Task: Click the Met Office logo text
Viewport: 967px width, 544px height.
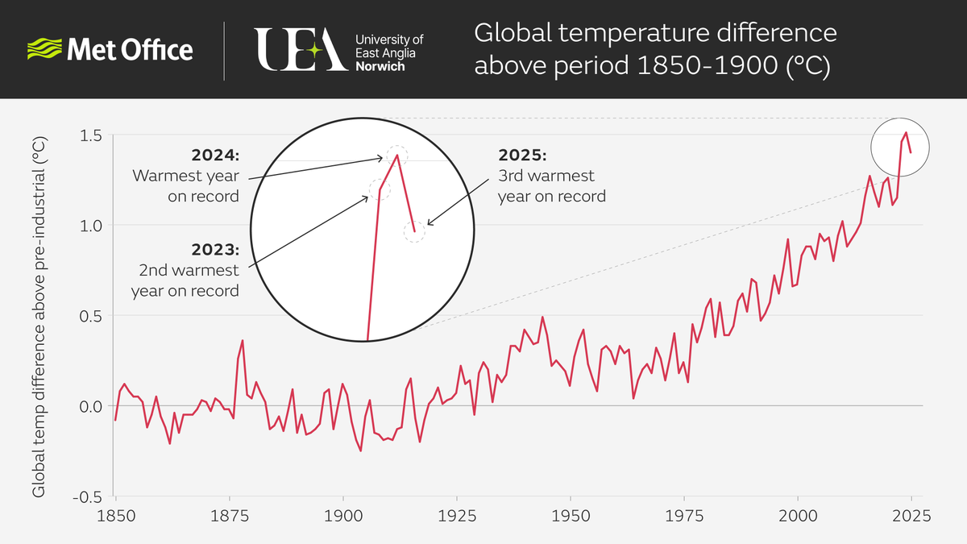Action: point(129,50)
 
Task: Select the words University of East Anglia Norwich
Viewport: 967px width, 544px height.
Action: point(389,52)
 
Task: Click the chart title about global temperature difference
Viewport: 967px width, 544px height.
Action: point(655,50)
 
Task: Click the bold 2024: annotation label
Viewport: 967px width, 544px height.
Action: point(215,154)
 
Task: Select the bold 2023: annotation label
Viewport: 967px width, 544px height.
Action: point(215,249)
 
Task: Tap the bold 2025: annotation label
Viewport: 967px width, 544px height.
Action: point(522,154)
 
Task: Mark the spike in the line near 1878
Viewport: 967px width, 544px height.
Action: point(242,341)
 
